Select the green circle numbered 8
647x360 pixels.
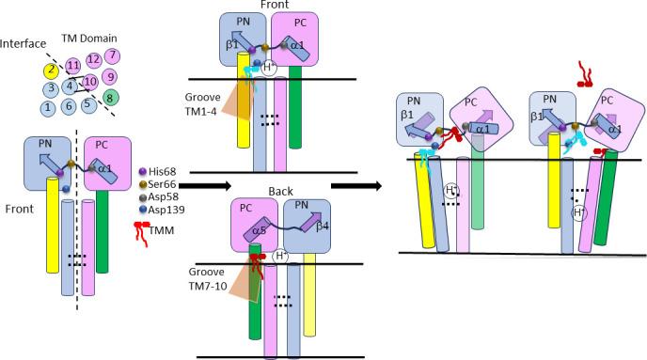(x=112, y=96)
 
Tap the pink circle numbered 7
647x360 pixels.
(x=112, y=56)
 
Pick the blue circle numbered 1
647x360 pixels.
(x=46, y=108)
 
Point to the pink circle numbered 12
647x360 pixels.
(x=93, y=60)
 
